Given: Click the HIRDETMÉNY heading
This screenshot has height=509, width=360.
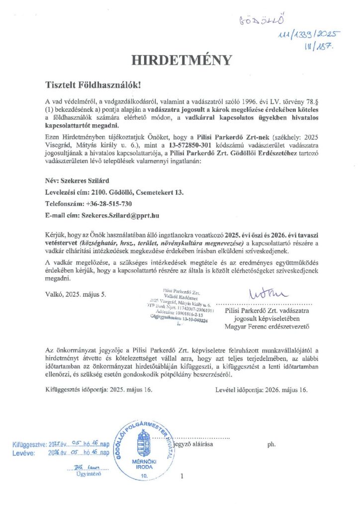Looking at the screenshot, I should coord(181,61).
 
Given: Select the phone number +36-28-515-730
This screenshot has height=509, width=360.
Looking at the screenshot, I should coord(108,204).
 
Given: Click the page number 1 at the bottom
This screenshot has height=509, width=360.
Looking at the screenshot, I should coord(182,476).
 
